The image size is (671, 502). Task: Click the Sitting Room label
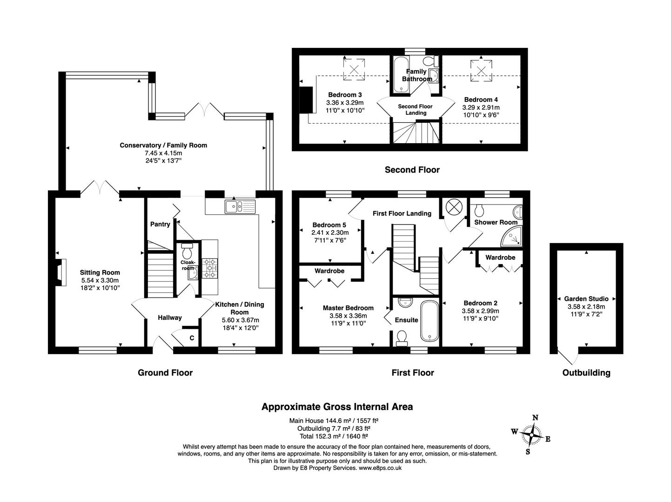click(100, 273)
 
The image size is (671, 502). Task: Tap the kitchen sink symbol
click(240, 206)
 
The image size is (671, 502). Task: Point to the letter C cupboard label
click(192, 338)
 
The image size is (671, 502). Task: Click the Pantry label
click(160, 224)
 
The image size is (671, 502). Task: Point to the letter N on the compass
click(535, 417)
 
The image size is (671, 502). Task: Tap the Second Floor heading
click(412, 170)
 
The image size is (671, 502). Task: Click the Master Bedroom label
click(348, 308)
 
